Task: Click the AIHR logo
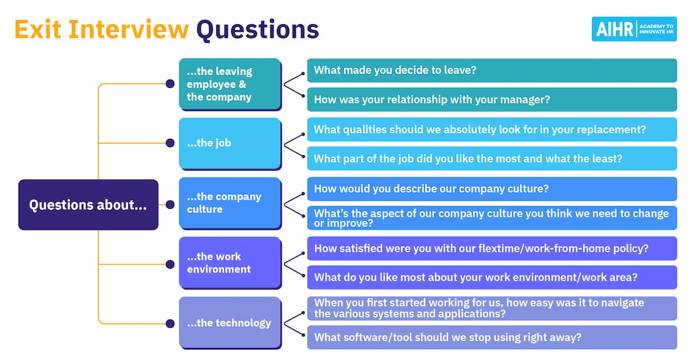634,29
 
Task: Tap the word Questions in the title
257,29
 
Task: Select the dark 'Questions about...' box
88,205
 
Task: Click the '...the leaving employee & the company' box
229,84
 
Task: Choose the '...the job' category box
229,143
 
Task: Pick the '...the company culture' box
229,203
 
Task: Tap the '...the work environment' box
229,263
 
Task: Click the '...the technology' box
229,322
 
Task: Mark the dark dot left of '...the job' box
170,143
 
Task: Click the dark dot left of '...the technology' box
170,323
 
